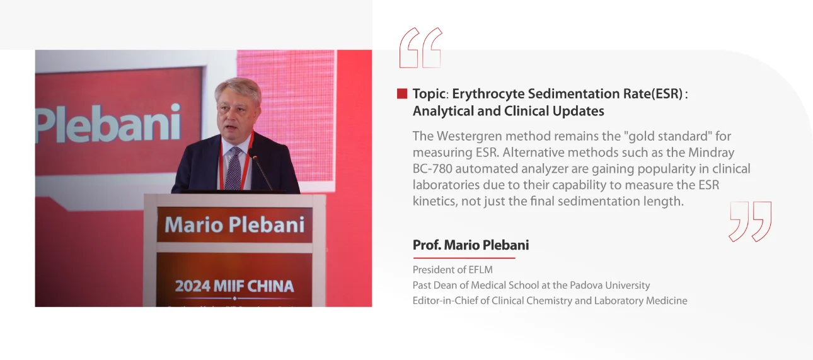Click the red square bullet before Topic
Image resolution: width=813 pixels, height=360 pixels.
tap(402, 94)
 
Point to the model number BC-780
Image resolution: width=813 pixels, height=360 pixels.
tap(432, 169)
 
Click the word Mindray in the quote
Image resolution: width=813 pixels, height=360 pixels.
tap(712, 153)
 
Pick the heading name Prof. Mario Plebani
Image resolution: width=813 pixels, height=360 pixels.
tap(471, 245)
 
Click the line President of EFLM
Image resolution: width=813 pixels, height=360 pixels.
tap(453, 270)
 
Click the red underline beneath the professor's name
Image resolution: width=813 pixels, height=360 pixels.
tap(464, 258)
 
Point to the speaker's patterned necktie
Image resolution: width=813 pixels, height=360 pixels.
tap(234, 168)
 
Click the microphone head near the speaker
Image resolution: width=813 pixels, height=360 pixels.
tap(253, 154)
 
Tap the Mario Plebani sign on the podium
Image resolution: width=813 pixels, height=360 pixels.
tap(234, 225)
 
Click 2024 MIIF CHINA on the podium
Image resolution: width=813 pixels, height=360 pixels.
tap(234, 286)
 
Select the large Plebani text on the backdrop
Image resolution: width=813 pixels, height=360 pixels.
tap(108, 124)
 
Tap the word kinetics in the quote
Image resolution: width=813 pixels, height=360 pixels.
tap(434, 201)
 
